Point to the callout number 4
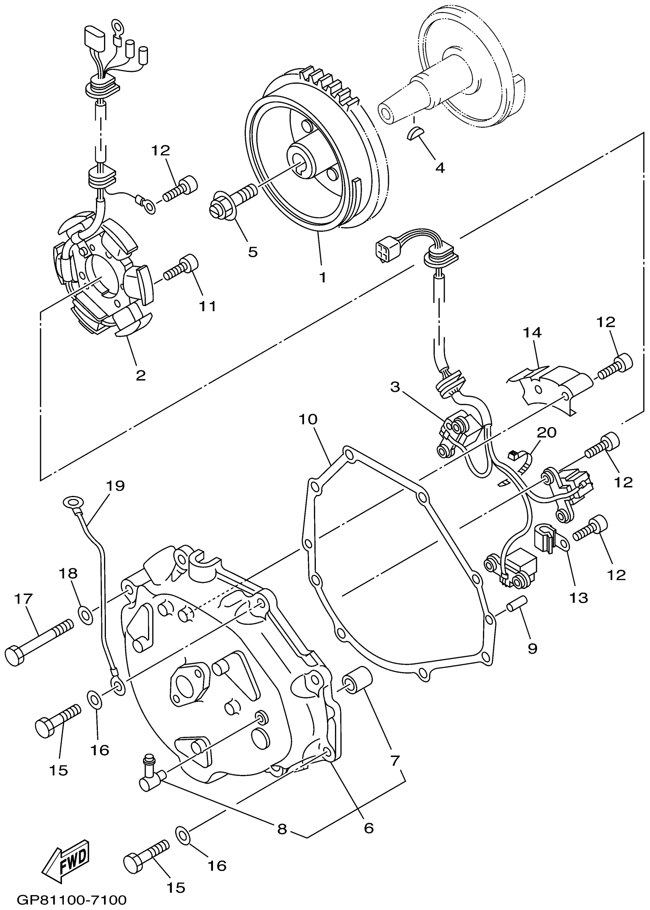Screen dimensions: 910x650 [x=440, y=168]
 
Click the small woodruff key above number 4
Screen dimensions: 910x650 [x=414, y=133]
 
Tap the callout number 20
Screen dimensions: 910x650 [x=546, y=432]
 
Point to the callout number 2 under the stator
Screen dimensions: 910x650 [x=140, y=375]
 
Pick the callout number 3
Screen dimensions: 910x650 [x=395, y=387]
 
